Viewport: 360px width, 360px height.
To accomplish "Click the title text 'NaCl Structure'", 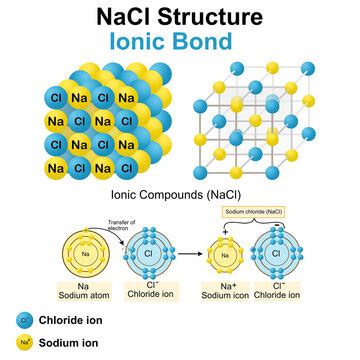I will point(180,17).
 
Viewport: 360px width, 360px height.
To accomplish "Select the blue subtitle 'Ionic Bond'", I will point(180,42).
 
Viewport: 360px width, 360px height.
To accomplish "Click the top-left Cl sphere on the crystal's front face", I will point(55,98).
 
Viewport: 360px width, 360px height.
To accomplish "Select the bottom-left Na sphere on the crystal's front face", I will point(55,167).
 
